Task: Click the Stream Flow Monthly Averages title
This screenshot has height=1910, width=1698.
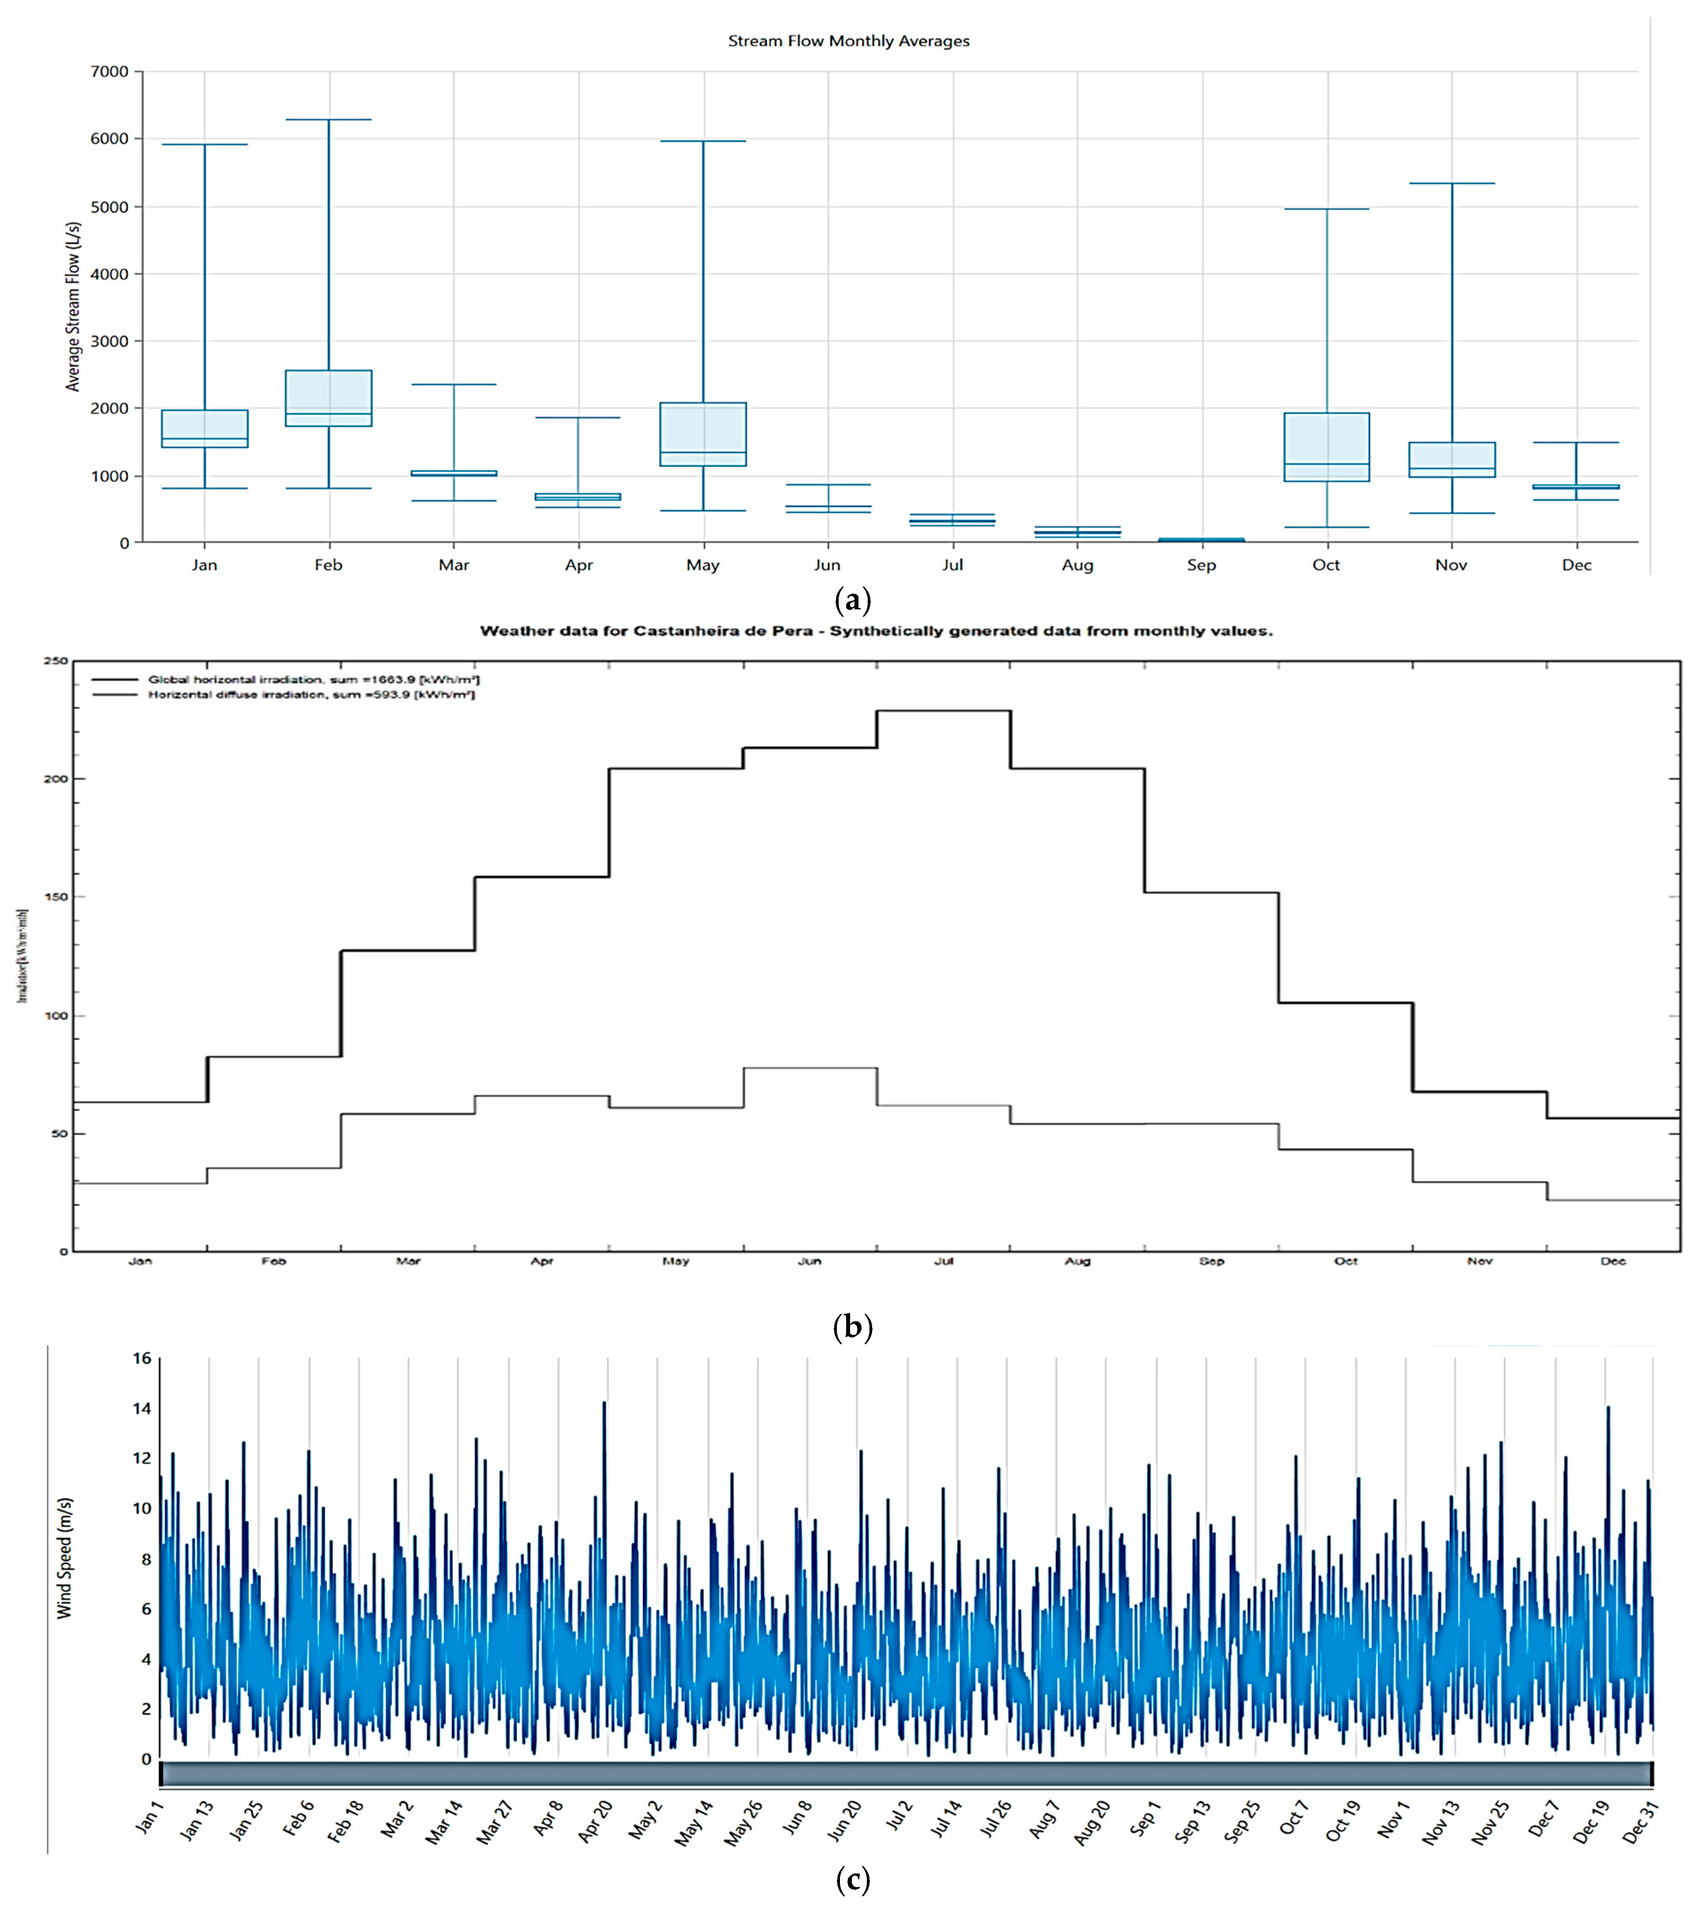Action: [848, 41]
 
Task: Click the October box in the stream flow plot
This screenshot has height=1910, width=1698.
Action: [1326, 447]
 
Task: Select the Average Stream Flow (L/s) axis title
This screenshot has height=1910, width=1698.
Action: [73, 307]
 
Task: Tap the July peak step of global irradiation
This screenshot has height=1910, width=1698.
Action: [943, 711]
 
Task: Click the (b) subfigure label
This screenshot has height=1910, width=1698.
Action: [851, 1327]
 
